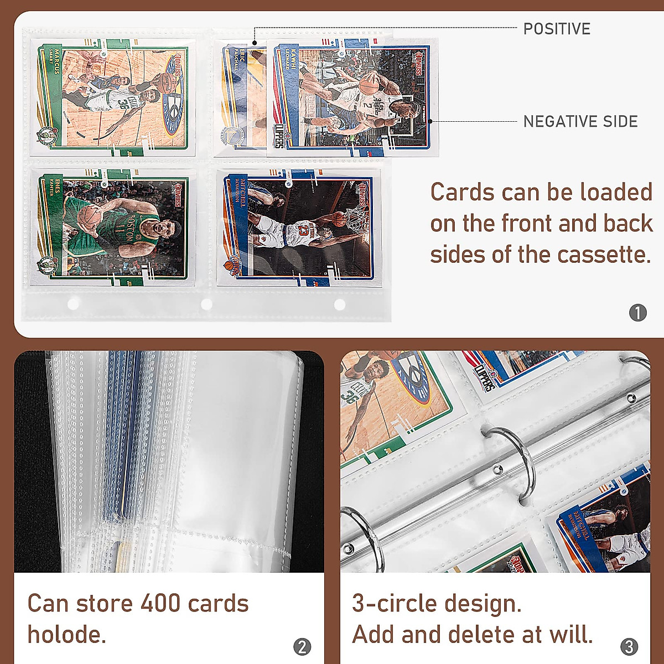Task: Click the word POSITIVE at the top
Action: [557, 29]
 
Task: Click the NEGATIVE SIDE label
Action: [580, 122]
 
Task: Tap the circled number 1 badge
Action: [637, 313]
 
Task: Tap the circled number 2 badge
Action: [302, 647]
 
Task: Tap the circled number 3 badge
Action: [629, 647]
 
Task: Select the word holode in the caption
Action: [66, 635]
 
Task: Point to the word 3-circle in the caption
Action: [391, 604]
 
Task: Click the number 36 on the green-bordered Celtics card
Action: [123, 103]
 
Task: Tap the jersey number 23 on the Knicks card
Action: [303, 228]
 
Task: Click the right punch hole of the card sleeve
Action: [339, 304]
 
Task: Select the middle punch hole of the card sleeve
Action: [206, 304]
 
